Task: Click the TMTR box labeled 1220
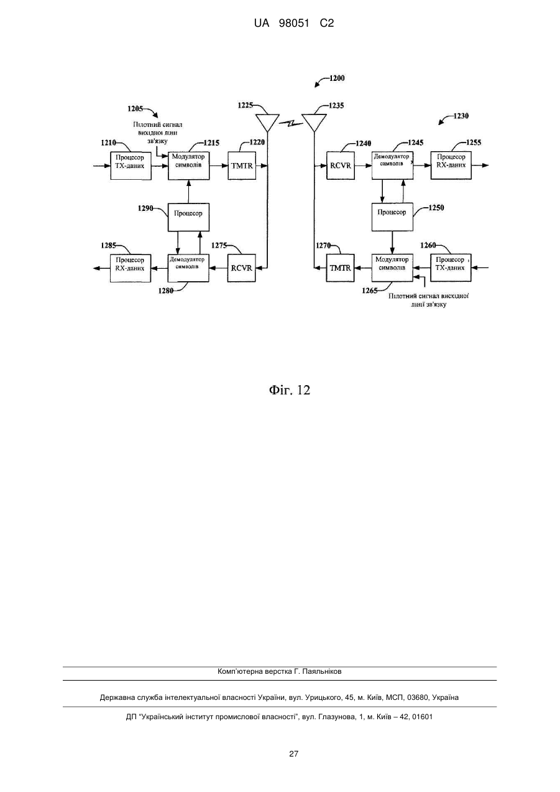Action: coord(242,165)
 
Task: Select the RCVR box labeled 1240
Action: coord(341,165)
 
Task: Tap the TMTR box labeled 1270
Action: coord(340,268)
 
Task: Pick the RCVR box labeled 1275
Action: coord(241,268)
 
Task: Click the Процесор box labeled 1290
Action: coord(188,217)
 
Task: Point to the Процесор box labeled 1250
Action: coord(392,217)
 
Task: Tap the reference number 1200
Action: coord(337,78)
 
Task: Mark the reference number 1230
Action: coord(461,116)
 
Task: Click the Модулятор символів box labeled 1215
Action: coord(188,165)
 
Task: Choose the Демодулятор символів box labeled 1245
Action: coord(392,165)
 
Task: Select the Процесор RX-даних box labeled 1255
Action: coord(451,165)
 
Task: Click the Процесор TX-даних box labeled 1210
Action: coord(131,165)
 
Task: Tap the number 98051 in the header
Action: coord(294,24)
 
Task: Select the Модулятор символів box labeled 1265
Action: coord(392,268)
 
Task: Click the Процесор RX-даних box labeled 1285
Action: coord(131,268)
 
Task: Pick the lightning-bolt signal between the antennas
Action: coord(291,123)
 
